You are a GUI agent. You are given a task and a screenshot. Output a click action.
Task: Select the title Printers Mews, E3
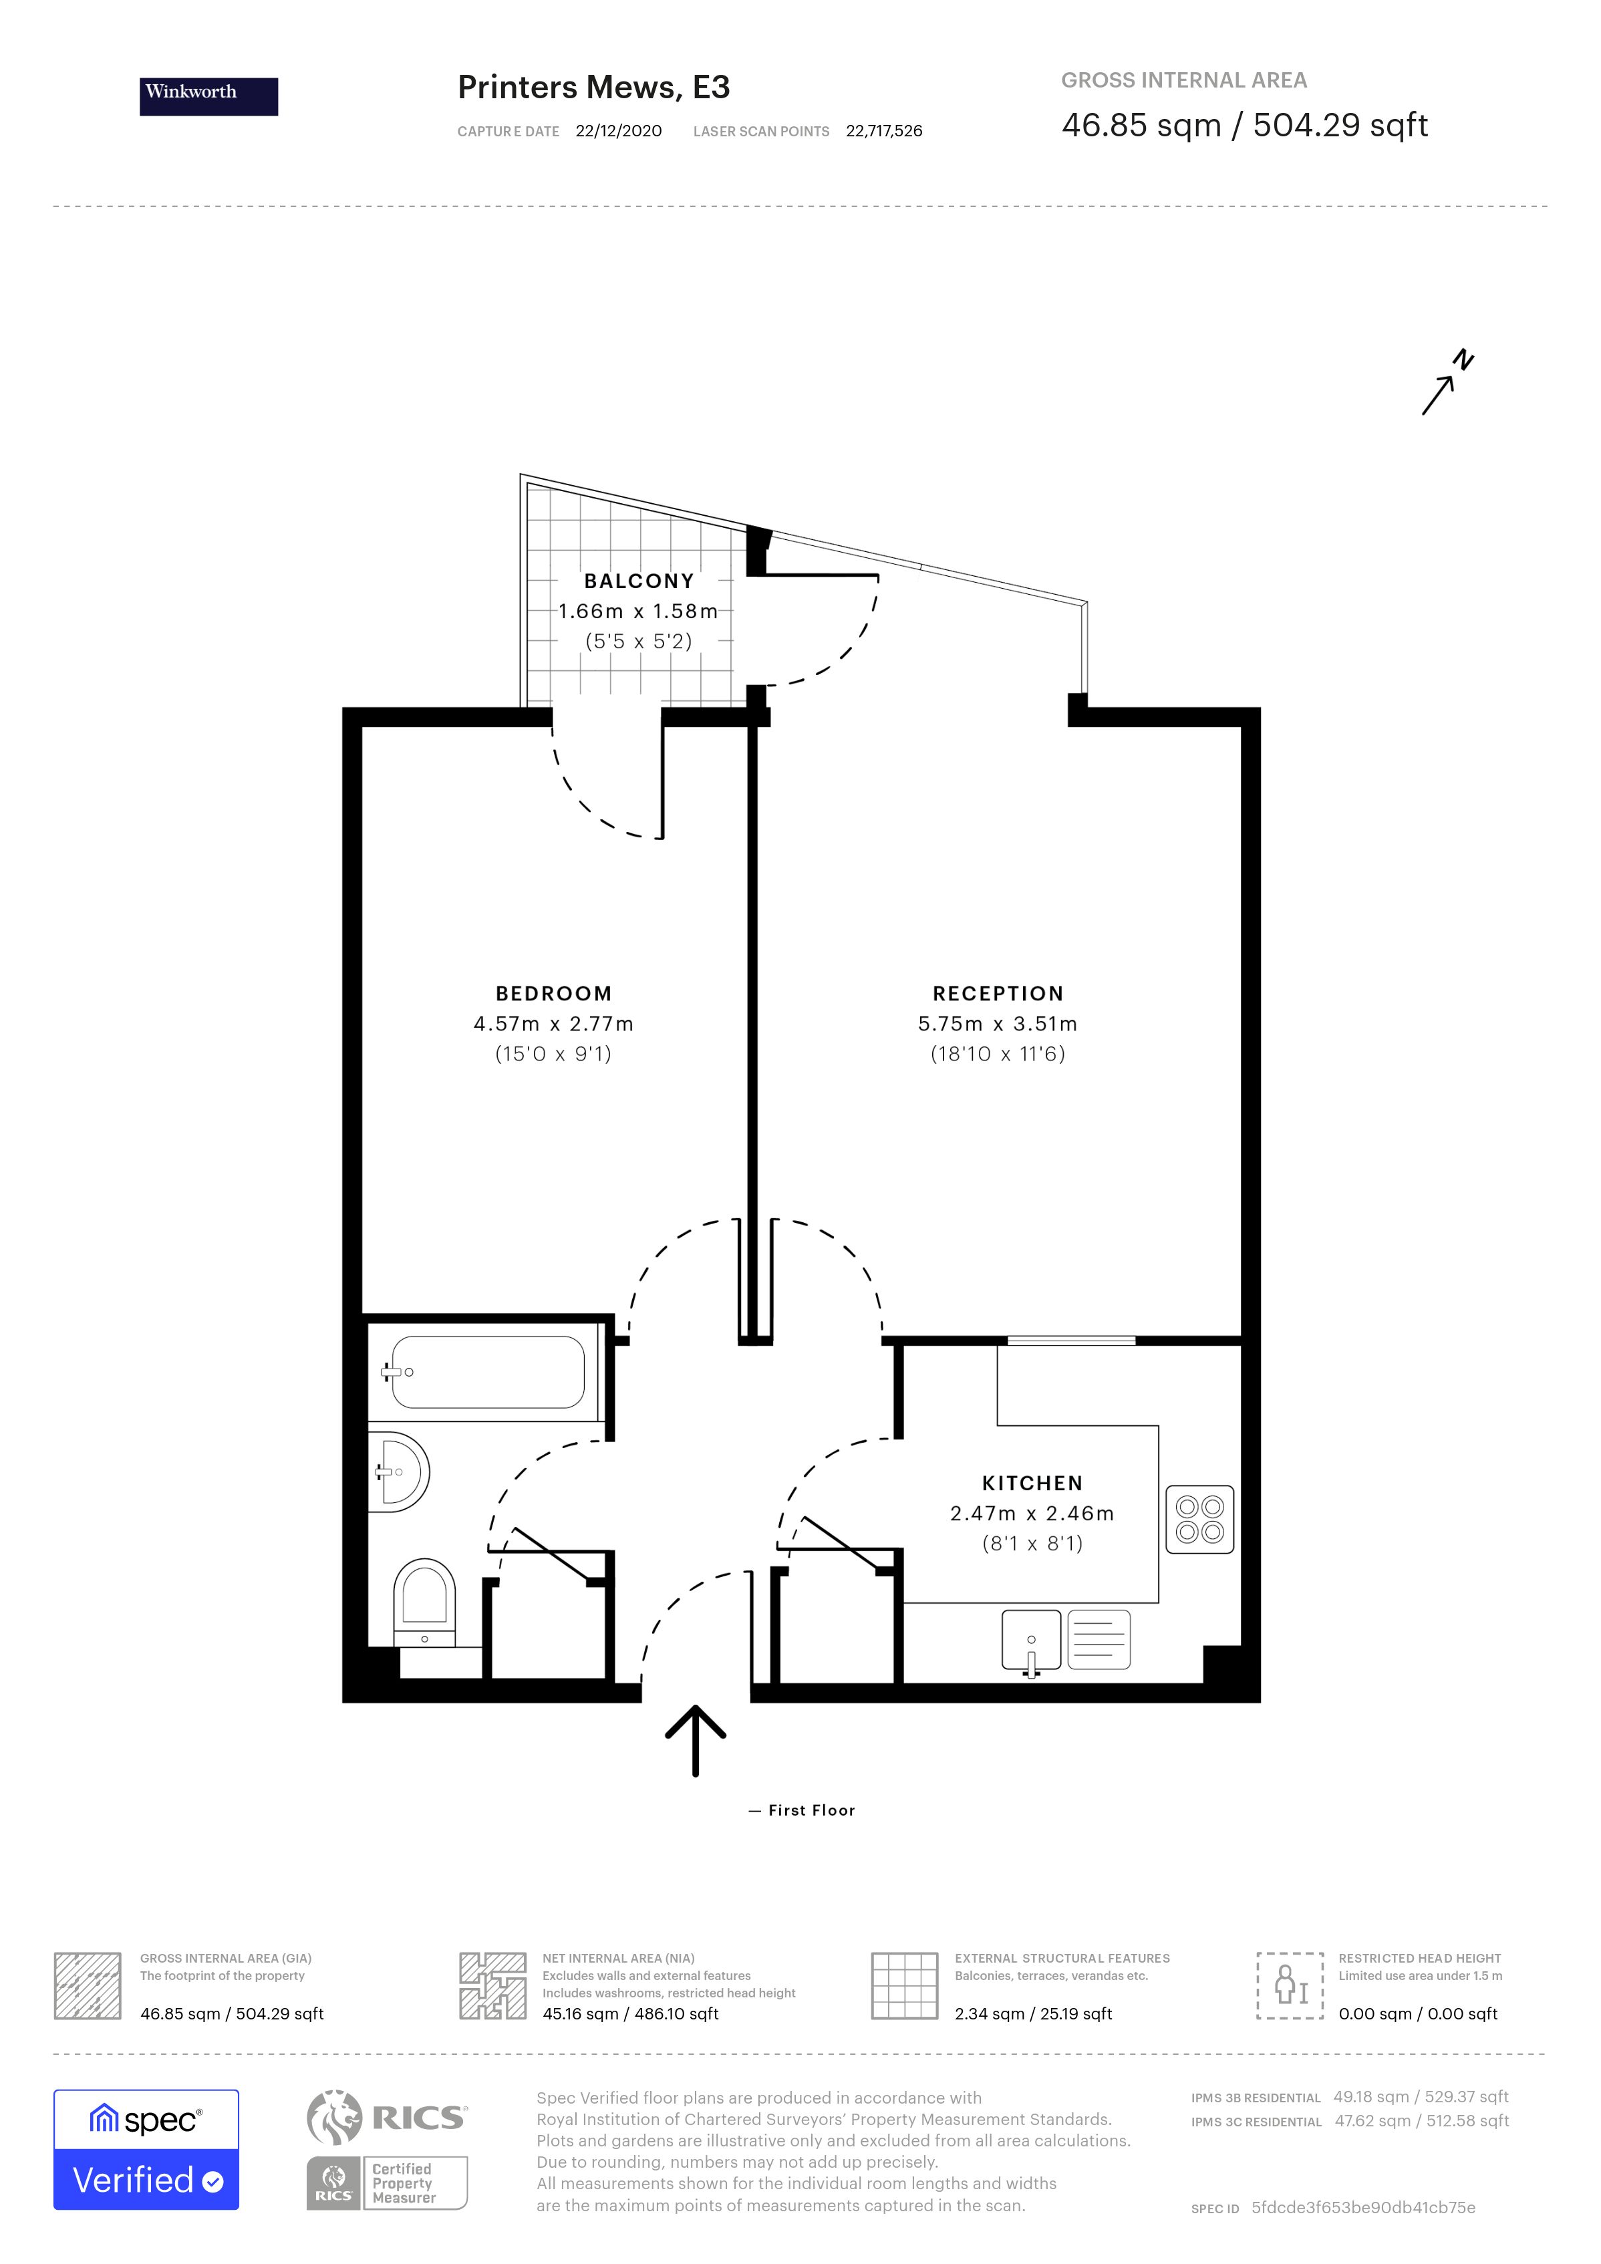(x=593, y=88)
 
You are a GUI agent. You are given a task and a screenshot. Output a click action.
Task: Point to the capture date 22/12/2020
(x=619, y=131)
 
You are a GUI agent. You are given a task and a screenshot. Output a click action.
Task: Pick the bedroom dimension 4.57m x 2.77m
(x=553, y=1024)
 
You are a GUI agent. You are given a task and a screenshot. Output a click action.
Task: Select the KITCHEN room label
(x=1032, y=1483)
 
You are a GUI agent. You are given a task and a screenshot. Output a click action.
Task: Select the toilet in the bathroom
(x=425, y=1602)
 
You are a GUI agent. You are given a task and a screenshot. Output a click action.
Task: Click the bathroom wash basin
(x=400, y=1472)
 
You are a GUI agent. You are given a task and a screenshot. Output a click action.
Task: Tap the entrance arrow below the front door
(x=696, y=1740)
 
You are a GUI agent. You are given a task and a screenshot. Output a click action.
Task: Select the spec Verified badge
(x=146, y=2150)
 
